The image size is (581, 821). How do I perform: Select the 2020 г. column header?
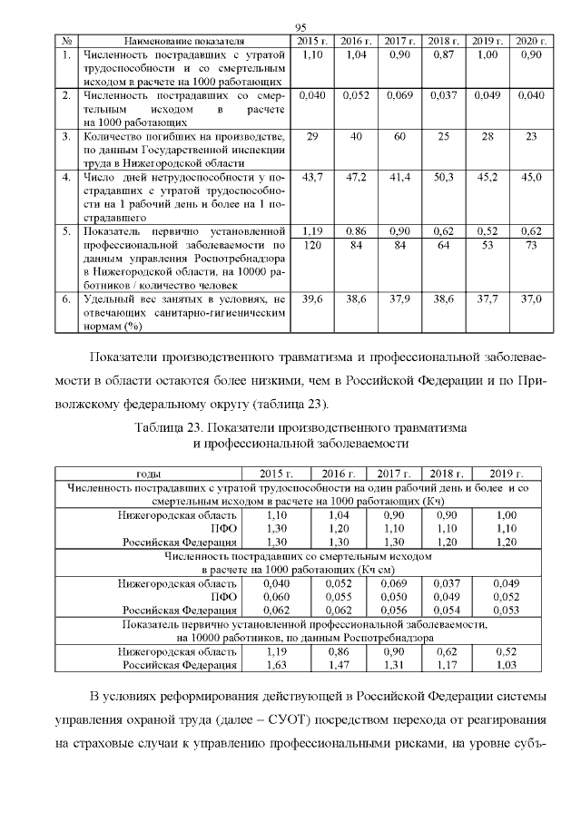pos(531,42)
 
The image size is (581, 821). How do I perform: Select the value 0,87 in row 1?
pos(443,55)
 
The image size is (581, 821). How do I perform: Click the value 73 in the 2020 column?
pos(531,246)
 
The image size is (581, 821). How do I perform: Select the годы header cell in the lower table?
pos(149,474)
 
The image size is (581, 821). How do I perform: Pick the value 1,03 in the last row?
pos(506,665)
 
